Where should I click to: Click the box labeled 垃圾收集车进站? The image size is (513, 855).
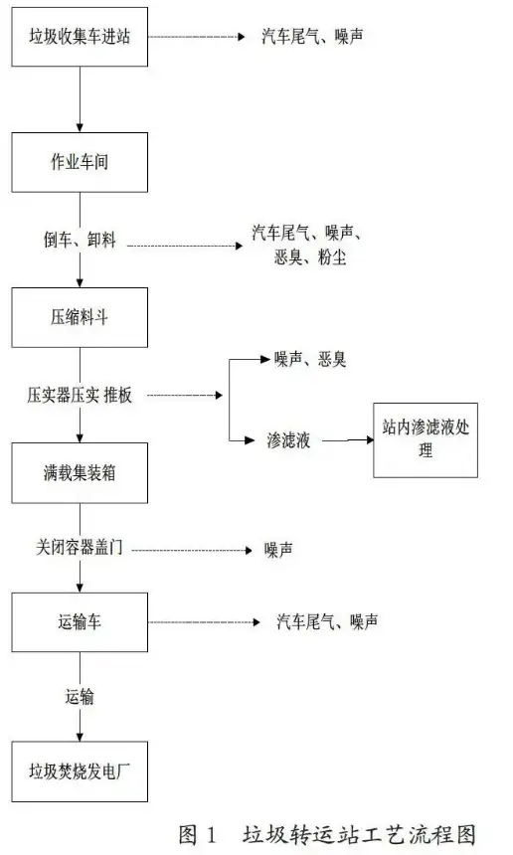coord(80,37)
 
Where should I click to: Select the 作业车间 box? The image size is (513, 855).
coord(80,162)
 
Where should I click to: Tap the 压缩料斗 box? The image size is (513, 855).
coord(80,317)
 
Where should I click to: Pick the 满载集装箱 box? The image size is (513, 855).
coord(80,473)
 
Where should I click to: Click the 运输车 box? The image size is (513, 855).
coord(80,622)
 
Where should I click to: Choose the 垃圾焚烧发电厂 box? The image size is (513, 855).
coord(80,771)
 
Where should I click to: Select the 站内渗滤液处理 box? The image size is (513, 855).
coord(426,440)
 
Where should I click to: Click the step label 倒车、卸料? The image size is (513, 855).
coord(80,240)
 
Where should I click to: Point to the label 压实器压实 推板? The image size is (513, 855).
coord(80,395)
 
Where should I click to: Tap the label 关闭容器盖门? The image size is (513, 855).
coord(80,547)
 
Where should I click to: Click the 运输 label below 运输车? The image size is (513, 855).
coord(80,696)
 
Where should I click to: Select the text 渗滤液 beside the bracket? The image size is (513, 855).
coord(288,440)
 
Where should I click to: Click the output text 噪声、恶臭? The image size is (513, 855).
coord(309,359)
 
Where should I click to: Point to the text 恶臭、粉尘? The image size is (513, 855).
coord(309,256)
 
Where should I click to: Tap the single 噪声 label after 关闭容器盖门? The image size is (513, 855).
coord(278,550)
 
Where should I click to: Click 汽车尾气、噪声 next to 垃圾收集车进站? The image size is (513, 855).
coord(312,37)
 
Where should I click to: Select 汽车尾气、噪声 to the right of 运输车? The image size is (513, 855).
coord(327,621)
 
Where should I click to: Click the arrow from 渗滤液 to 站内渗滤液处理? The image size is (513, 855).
coord(348,439)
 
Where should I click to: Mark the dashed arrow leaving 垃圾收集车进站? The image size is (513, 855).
coord(198,37)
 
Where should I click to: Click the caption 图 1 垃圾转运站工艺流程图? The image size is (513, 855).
coord(327,834)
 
